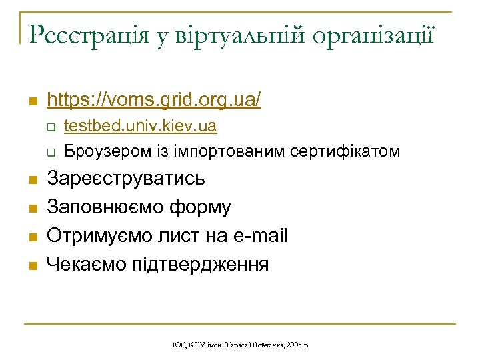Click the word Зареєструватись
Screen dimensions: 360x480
coord(126,179)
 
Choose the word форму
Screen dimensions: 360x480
coord(203,207)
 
